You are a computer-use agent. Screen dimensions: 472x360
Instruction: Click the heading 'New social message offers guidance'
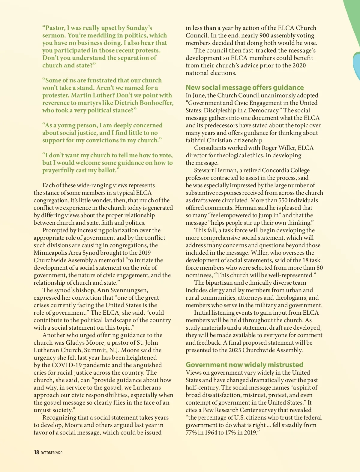coord(244,88)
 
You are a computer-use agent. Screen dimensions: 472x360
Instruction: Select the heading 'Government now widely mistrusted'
coord(244,365)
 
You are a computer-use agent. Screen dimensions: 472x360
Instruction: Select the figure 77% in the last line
coord(193,432)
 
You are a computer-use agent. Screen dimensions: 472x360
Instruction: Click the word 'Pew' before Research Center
coord(208,410)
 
